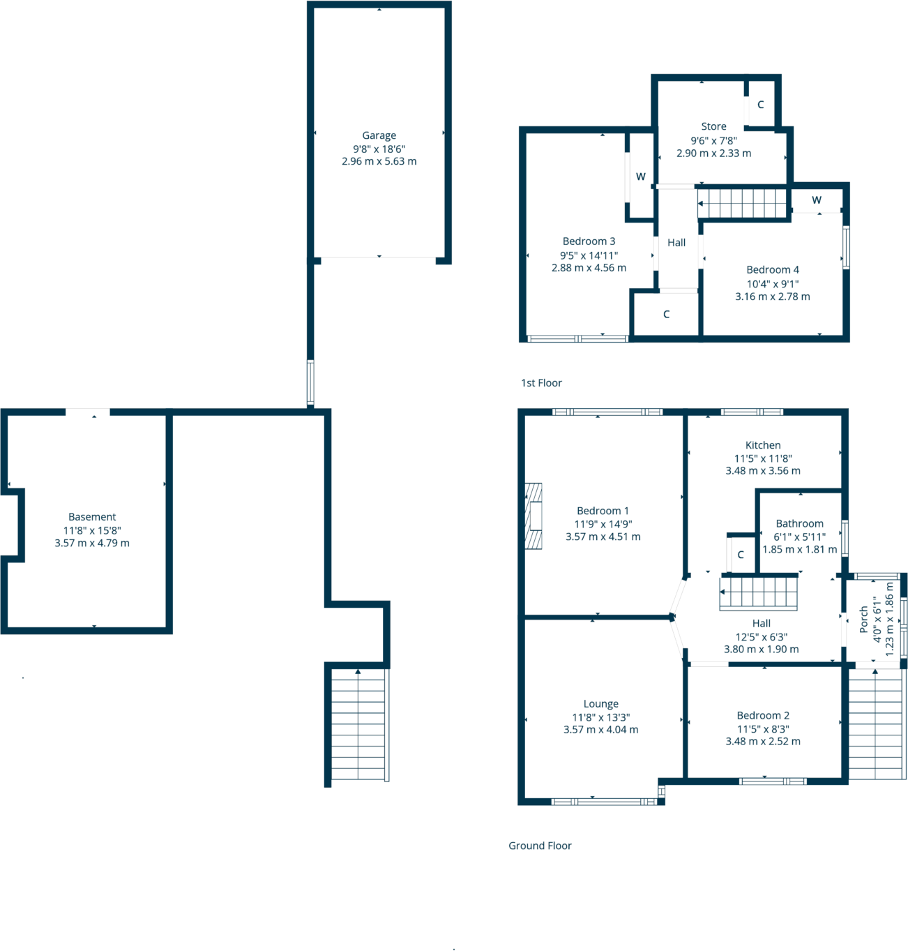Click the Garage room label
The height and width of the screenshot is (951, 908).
click(379, 135)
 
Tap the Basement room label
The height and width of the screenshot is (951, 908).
click(92, 517)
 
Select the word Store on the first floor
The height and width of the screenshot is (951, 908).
click(713, 126)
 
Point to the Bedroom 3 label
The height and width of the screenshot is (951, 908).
click(589, 241)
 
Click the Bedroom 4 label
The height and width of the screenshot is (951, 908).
click(773, 270)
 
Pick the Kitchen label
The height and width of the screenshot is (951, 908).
click(763, 445)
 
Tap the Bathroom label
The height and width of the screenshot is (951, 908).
click(799, 523)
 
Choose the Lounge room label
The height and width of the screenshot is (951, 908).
click(600, 704)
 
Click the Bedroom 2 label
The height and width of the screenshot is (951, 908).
click(763, 716)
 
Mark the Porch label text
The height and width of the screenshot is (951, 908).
click(864, 620)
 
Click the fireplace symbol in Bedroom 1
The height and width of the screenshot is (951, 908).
click(534, 516)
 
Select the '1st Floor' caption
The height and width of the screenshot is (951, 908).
click(541, 383)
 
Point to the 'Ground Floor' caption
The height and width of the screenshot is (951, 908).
click(540, 846)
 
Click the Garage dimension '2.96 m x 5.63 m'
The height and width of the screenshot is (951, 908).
click(379, 161)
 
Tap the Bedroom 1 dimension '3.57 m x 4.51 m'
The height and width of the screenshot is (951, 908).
click(603, 537)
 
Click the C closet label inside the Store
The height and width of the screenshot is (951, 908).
click(760, 105)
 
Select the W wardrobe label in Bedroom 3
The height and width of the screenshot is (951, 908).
click(640, 177)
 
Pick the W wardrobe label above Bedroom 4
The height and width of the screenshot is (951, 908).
click(817, 200)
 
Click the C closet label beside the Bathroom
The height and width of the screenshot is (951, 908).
click(741, 555)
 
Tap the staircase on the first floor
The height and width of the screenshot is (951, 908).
click(743, 204)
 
